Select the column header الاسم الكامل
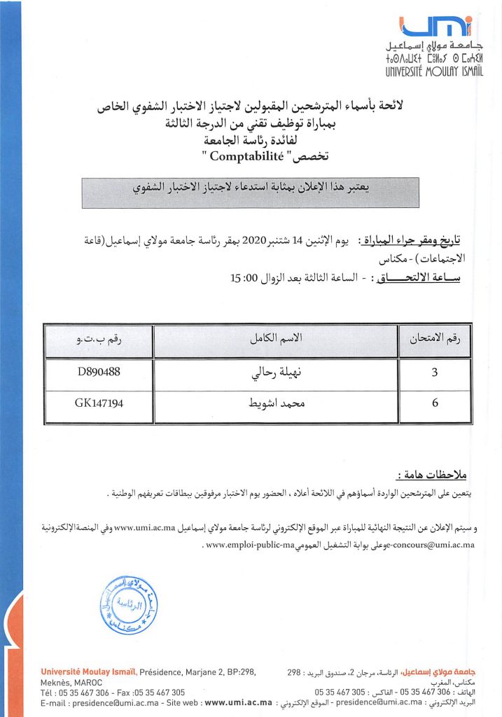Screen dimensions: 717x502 click(x=276, y=341)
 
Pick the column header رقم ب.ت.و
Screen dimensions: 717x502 click(x=99, y=341)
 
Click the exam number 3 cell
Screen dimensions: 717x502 click(x=435, y=373)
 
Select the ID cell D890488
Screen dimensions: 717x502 click(x=99, y=373)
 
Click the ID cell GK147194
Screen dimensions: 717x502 click(x=99, y=403)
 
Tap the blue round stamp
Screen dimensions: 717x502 click(x=127, y=601)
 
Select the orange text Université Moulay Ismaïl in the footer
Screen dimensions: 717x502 click(x=88, y=673)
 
